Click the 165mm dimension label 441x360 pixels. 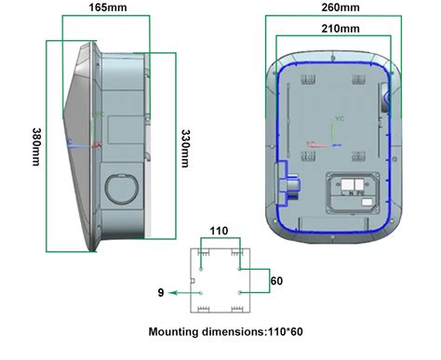click(101, 7)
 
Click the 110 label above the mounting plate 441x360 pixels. click(220, 229)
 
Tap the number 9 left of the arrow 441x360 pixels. click(162, 293)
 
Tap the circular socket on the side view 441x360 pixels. click(120, 187)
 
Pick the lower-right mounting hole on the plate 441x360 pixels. click(240, 293)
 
